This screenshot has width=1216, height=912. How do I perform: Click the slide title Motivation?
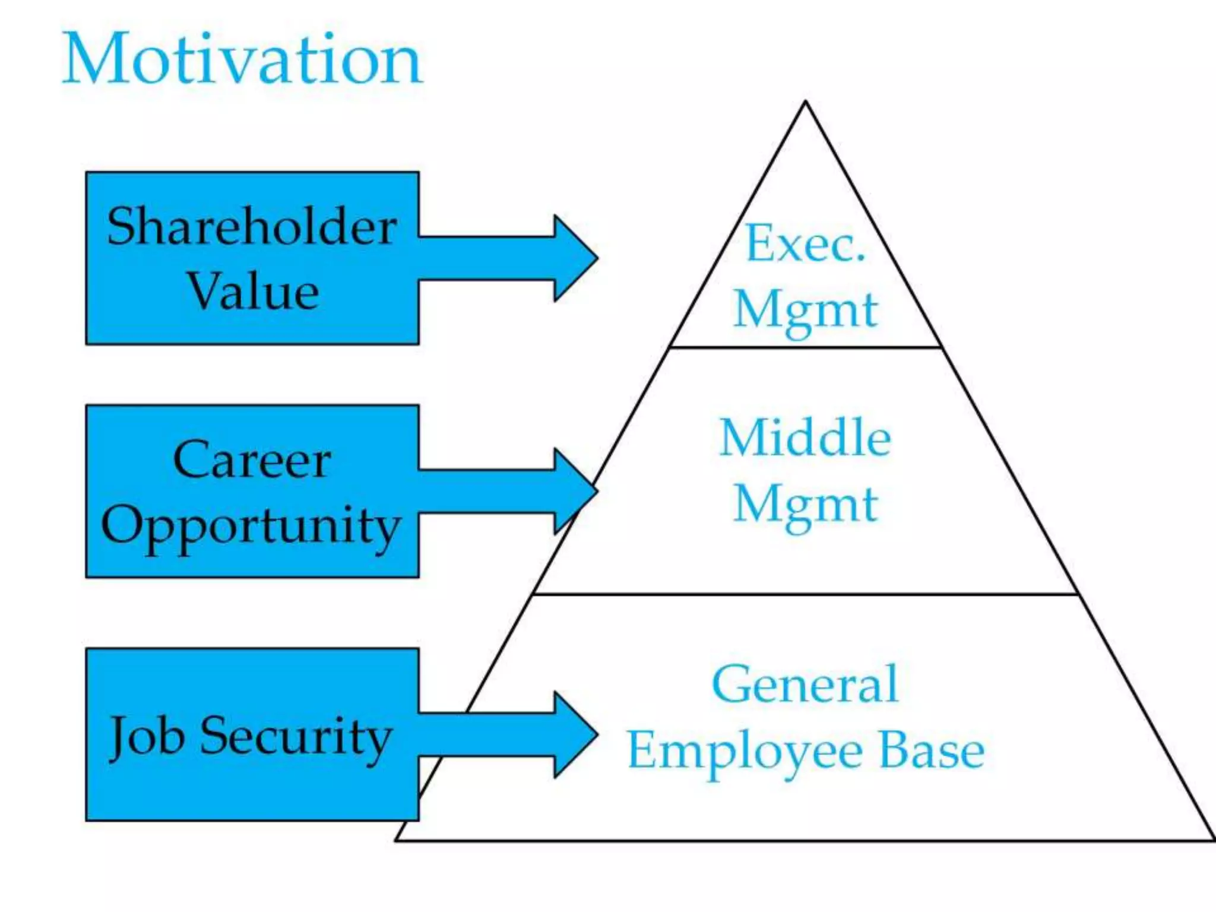tap(242, 60)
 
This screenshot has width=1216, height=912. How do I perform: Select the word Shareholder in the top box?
tap(252, 227)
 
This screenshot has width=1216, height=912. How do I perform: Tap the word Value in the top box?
tap(254, 292)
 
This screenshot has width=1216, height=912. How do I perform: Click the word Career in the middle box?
tap(252, 460)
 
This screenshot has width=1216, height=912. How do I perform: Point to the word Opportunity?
tap(251, 526)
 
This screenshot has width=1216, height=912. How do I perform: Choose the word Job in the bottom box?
tap(146, 736)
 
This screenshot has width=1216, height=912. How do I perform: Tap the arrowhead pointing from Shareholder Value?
tap(573, 258)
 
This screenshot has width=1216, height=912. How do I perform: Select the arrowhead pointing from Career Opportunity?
tap(573, 491)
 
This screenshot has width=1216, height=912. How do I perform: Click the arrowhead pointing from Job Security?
tap(573, 734)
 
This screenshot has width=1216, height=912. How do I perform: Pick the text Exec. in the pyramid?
tap(805, 243)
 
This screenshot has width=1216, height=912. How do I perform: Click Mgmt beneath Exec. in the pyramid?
tap(805, 310)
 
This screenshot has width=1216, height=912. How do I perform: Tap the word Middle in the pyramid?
tap(805, 438)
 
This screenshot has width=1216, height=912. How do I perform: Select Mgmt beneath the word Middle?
tap(805, 505)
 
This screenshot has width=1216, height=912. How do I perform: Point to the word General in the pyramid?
tap(805, 684)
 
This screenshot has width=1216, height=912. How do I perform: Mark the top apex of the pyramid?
tap(806, 102)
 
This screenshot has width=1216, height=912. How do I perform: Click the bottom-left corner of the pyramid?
tap(397, 840)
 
